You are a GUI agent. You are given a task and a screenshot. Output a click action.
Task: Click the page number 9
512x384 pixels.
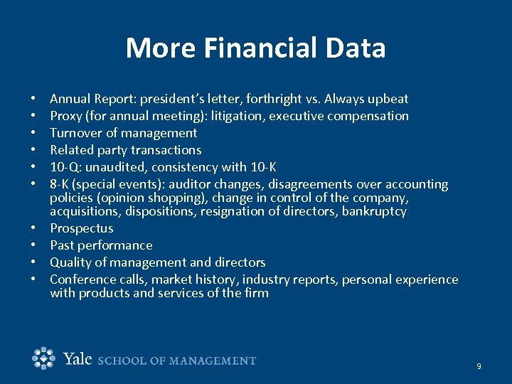point(479,366)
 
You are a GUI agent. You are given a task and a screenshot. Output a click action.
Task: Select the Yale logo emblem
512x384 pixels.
point(44,358)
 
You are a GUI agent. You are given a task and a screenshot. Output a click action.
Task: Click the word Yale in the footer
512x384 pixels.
point(78,359)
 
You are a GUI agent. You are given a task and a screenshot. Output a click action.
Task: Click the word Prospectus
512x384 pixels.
point(82,228)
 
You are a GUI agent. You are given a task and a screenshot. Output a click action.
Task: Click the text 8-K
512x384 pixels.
point(62,184)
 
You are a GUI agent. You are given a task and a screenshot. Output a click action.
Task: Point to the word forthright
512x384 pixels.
point(267,99)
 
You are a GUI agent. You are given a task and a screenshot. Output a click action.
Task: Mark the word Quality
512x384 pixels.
point(70,262)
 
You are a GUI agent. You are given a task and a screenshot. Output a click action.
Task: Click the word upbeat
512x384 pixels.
point(388,99)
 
